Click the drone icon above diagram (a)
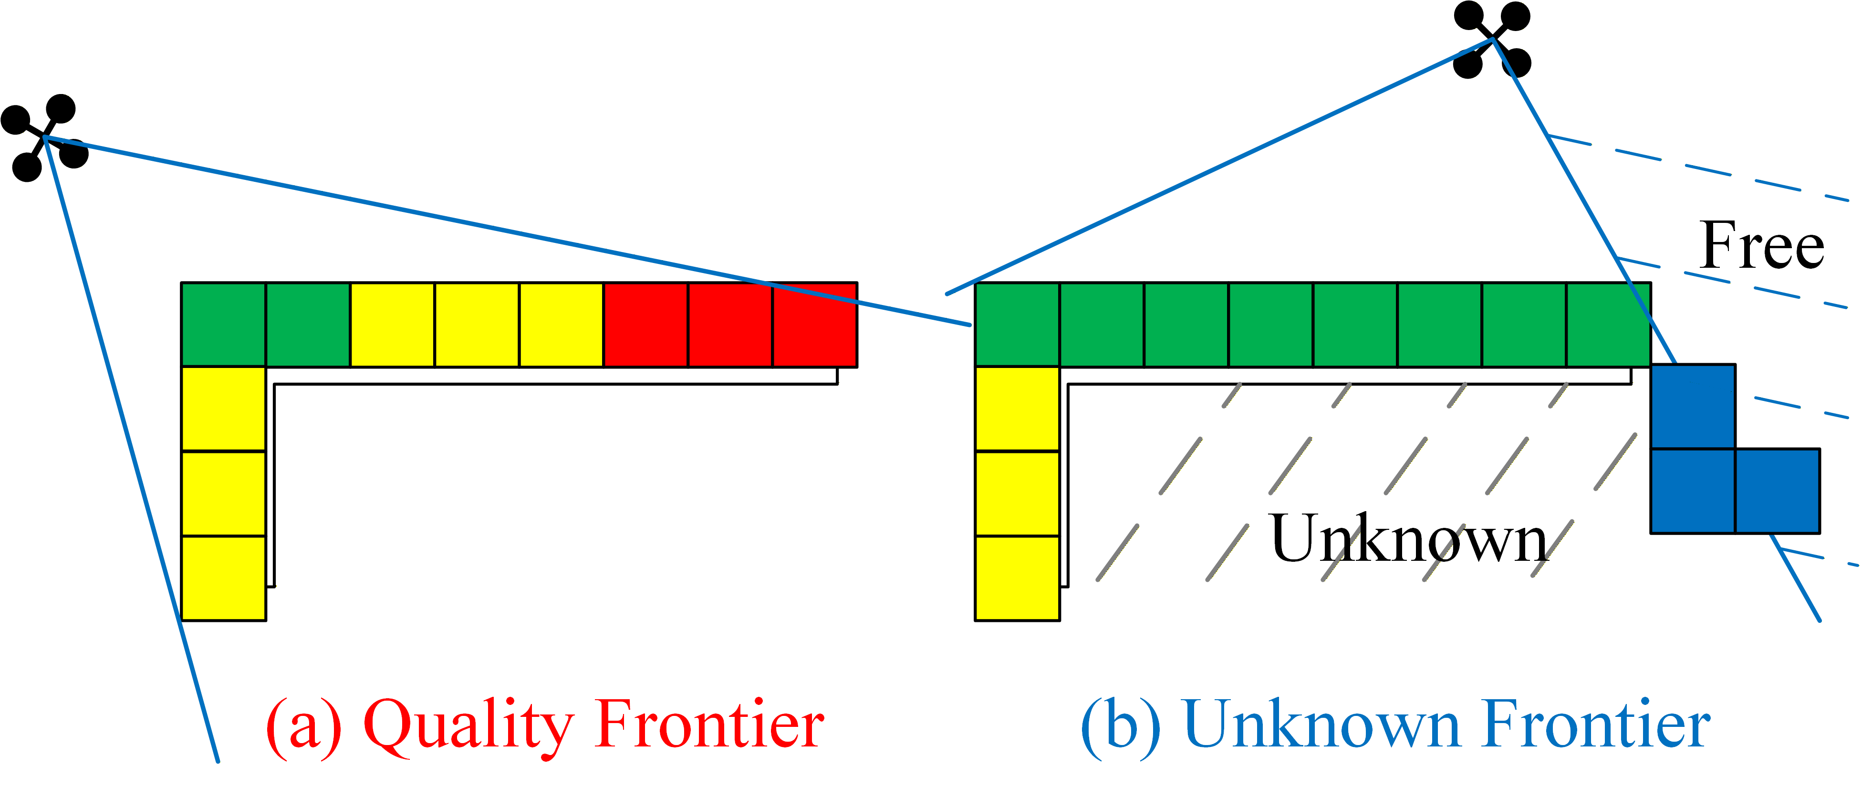pos(45,137)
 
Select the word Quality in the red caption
pos(468,725)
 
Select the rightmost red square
pos(815,325)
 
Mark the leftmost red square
pos(645,325)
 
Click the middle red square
pos(730,325)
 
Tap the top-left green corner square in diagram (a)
pos(223,325)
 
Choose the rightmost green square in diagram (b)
pos(1608,325)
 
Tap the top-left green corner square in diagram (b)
pos(1017,325)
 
